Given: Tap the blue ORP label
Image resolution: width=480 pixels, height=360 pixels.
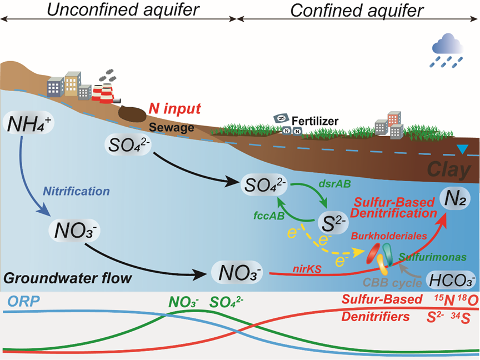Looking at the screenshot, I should tap(22, 302).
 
